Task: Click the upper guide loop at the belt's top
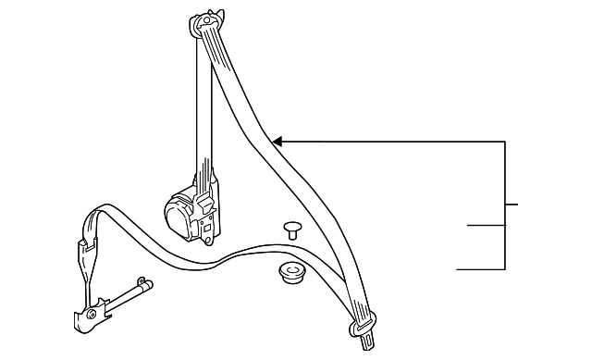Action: point(207,24)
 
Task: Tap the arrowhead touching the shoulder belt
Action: point(277,142)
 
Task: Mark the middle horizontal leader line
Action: point(486,225)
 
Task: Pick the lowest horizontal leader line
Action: point(481,268)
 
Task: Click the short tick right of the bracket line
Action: point(512,203)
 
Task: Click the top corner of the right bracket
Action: point(505,143)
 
